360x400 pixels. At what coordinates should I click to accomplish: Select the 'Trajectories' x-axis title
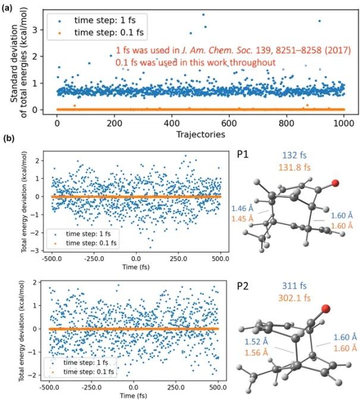point(201,134)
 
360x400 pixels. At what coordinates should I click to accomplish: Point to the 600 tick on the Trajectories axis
point(229,124)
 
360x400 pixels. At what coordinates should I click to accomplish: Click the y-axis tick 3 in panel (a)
point(35,30)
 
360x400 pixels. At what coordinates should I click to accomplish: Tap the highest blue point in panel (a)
point(204,15)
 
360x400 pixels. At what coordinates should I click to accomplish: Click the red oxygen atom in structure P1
point(335,183)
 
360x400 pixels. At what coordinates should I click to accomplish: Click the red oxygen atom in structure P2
point(325,308)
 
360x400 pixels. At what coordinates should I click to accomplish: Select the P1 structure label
point(243,155)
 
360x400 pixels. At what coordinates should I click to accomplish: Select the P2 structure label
point(243,286)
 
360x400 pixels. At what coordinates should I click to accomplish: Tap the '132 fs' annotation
point(294,155)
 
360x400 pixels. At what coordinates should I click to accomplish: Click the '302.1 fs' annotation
point(295,298)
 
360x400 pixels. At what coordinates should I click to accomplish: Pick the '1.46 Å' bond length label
point(242,209)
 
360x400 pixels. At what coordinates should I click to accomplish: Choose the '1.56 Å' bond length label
point(256,352)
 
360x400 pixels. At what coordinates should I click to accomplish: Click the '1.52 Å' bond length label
point(256,341)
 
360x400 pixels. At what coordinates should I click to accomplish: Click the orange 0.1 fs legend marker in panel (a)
point(60,33)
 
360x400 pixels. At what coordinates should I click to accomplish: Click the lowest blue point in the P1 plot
point(150,247)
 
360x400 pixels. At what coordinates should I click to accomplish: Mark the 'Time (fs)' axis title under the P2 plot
point(133,395)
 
